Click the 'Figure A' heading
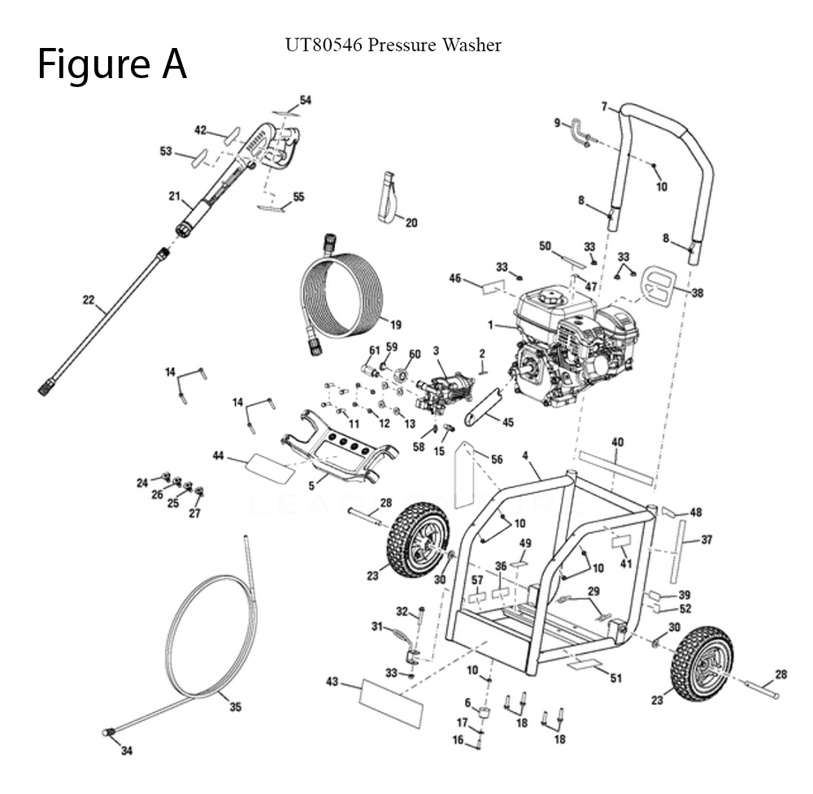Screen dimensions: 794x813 112,64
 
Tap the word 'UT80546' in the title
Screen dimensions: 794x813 321,45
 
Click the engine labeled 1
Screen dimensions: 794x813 569,342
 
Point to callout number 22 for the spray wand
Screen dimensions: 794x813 89,299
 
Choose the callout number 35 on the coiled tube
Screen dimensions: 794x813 235,707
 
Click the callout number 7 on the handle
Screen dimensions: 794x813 604,106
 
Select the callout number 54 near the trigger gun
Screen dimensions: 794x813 305,100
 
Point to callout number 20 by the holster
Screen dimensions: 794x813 411,222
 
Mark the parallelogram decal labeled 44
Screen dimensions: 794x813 270,469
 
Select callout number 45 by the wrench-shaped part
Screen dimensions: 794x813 508,421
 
